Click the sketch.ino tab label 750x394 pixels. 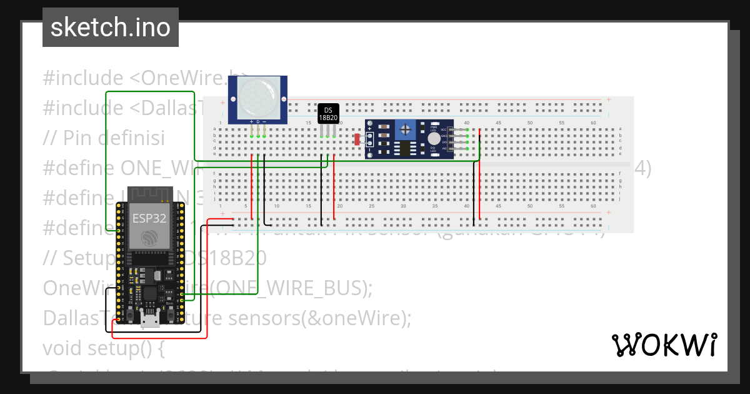click(x=110, y=28)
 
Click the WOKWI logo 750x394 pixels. click(x=664, y=345)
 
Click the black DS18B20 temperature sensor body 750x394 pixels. click(x=328, y=113)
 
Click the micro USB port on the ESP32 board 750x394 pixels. click(x=149, y=320)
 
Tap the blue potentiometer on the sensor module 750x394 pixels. click(x=407, y=130)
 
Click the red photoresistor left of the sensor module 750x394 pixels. click(x=357, y=139)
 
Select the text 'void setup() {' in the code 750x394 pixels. click(x=104, y=348)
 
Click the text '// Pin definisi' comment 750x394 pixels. click(x=104, y=138)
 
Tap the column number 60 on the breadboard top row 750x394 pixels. click(x=593, y=123)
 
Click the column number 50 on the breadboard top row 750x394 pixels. click(x=530, y=123)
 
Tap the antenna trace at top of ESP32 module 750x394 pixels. click(x=148, y=194)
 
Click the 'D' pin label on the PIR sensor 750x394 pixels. click(x=257, y=122)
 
